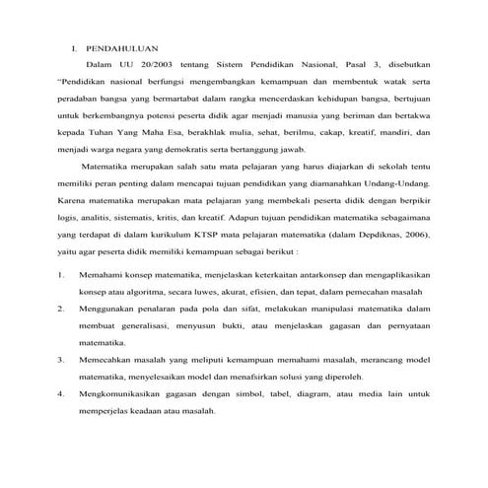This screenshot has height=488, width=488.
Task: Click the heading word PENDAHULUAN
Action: [x=120, y=46]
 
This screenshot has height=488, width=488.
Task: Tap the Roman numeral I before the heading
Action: [x=74, y=46]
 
